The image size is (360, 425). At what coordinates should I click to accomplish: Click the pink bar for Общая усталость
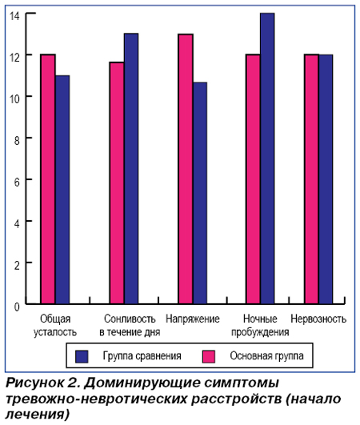(x=48, y=179)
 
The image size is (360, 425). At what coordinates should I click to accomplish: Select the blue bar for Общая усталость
(x=62, y=190)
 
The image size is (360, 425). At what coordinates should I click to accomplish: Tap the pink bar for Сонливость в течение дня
(x=117, y=183)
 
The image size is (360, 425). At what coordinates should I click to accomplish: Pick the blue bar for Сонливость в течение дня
(x=131, y=169)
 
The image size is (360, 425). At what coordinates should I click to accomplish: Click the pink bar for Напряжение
(x=186, y=169)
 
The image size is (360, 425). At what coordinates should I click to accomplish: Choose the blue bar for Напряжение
(x=200, y=193)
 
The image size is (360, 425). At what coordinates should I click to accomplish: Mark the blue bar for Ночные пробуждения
(x=267, y=158)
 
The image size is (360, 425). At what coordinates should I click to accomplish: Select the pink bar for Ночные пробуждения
(x=253, y=179)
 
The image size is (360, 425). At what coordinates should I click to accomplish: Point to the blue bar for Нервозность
(x=326, y=179)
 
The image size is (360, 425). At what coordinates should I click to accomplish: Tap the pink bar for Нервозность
(x=311, y=179)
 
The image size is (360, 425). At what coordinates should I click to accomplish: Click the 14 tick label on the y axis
(x=14, y=16)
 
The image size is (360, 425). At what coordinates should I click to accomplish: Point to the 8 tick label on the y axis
(x=17, y=141)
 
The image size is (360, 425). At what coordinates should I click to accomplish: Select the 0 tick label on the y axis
(x=17, y=307)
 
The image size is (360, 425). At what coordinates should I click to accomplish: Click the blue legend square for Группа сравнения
(x=82, y=356)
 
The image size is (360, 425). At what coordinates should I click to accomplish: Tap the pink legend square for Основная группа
(x=209, y=356)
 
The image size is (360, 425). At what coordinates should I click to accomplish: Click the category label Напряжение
(x=193, y=319)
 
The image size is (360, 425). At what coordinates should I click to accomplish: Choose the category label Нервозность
(x=318, y=319)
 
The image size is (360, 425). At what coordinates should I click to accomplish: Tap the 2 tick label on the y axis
(x=17, y=266)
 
